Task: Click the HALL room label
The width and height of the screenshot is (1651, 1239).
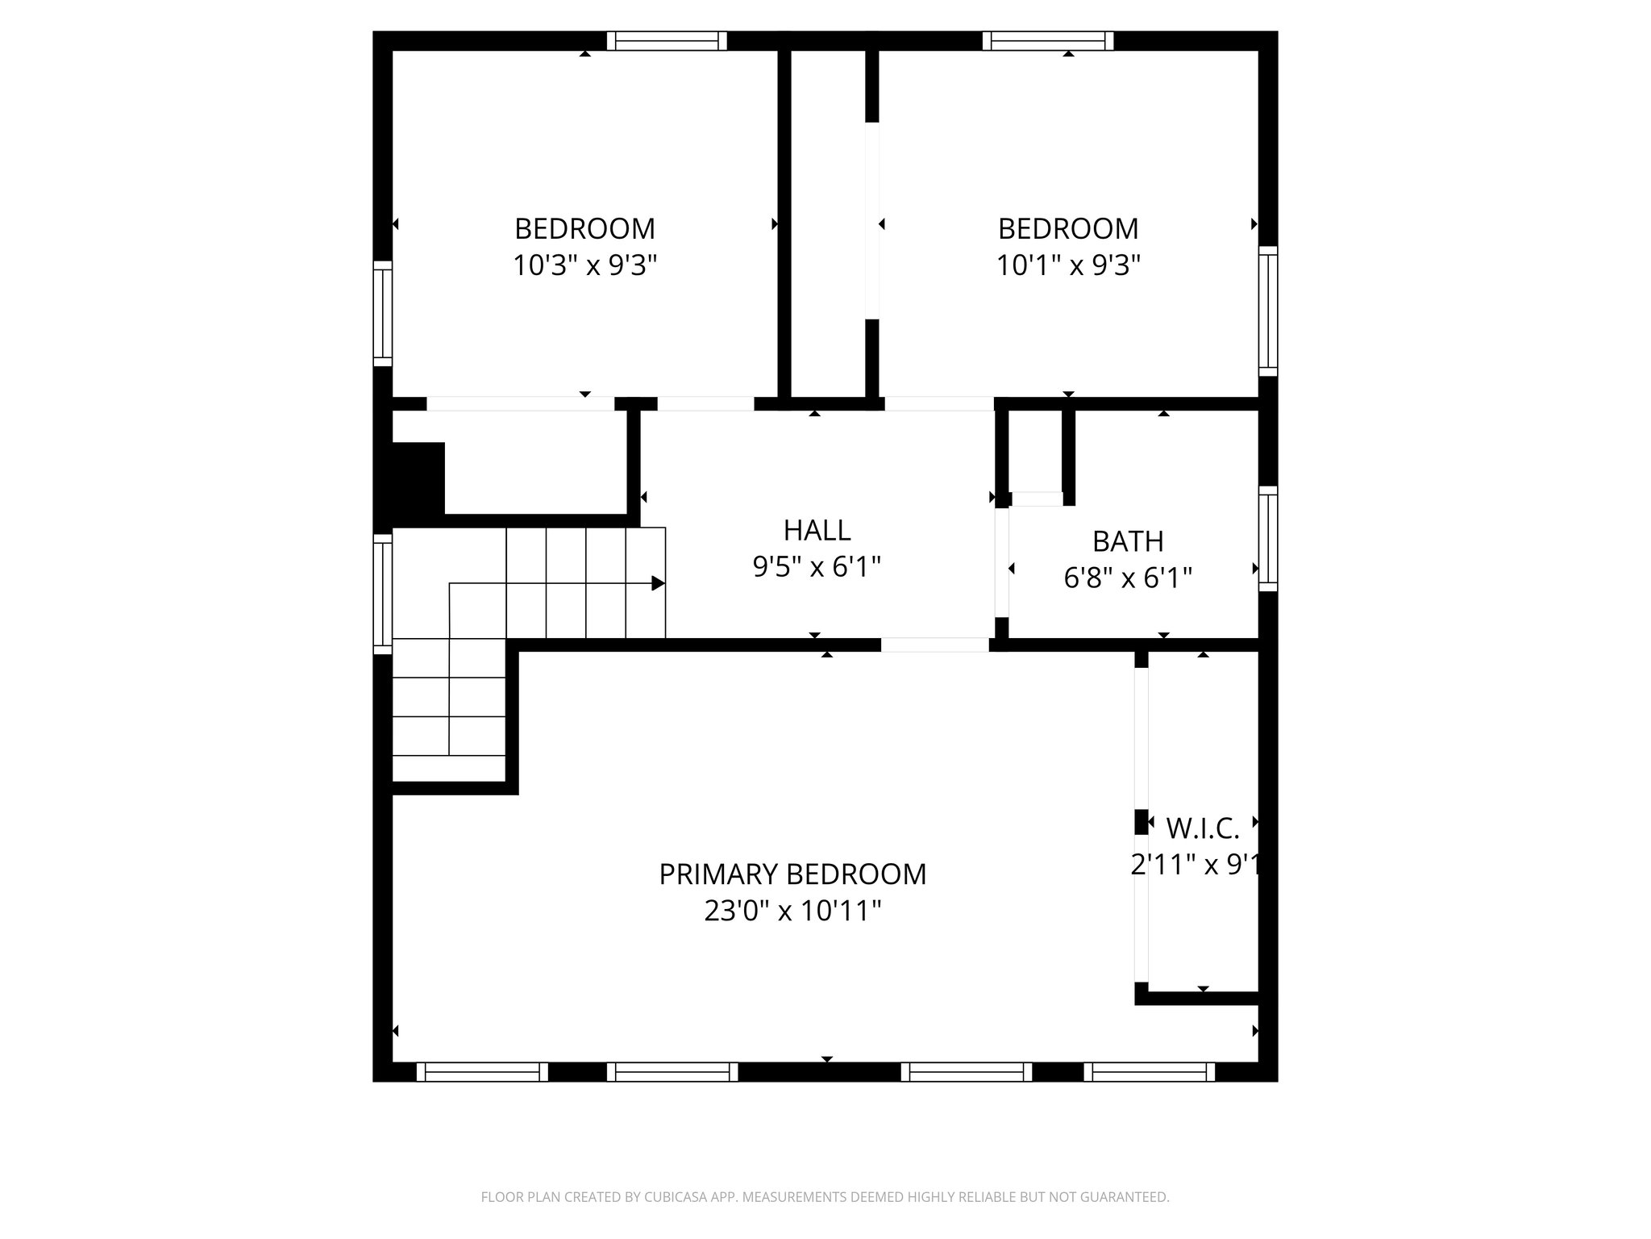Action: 817,531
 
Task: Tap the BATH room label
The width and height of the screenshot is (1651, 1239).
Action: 1127,541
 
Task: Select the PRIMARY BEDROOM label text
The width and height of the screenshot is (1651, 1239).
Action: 792,874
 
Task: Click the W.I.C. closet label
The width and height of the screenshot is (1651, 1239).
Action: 1202,828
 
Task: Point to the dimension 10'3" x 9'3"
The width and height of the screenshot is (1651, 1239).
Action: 585,265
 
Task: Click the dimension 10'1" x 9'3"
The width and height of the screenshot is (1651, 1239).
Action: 1068,265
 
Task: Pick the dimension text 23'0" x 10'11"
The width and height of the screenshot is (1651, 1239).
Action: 792,912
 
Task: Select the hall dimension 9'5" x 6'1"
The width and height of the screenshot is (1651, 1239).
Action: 817,568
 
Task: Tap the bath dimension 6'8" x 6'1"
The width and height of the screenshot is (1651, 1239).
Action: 1127,578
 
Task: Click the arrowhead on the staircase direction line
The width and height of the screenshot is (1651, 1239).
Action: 658,583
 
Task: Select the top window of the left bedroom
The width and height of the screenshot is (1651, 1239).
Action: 667,41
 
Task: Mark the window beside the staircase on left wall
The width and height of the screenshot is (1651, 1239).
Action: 382,594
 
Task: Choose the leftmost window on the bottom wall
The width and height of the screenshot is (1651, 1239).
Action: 482,1071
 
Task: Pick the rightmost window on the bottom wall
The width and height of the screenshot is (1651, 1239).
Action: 1149,1071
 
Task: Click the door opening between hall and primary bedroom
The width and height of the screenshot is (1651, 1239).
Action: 934,645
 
